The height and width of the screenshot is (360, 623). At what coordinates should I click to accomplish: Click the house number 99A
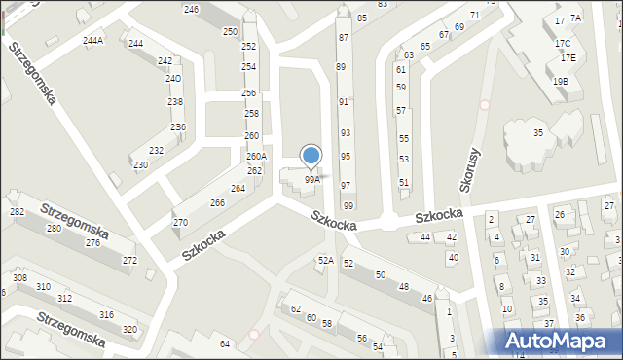tap(311, 180)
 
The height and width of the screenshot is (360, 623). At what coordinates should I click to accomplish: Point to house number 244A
tap(93, 41)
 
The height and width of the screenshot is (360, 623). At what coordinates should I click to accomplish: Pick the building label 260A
tap(256, 157)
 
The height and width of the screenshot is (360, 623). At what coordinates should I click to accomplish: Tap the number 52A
tap(326, 261)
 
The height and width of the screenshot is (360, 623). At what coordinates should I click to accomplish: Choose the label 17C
tap(563, 44)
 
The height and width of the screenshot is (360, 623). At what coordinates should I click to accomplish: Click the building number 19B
tap(560, 82)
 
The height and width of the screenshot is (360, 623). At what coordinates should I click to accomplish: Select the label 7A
tap(575, 18)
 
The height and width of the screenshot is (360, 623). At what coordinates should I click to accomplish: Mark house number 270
tap(180, 223)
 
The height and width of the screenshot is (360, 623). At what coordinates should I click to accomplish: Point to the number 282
tap(17, 212)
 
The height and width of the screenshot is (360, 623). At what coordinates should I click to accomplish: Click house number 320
tap(129, 329)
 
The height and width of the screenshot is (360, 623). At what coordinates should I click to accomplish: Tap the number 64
tap(225, 344)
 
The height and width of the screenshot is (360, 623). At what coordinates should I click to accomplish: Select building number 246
tap(191, 10)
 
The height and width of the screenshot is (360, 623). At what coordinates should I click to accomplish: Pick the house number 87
tap(343, 37)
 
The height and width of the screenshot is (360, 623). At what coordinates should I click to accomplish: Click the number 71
tap(474, 16)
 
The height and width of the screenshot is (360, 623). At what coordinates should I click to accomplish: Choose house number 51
tap(404, 183)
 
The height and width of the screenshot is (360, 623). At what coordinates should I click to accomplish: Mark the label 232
tap(156, 151)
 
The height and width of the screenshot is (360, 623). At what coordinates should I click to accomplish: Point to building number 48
tap(403, 287)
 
